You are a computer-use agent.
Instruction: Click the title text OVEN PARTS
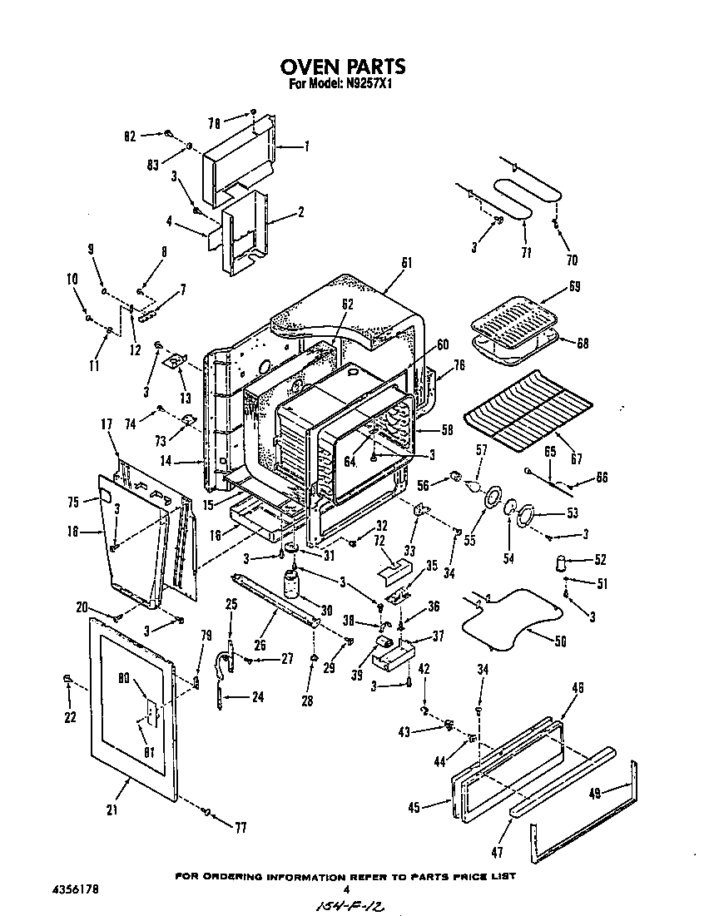(x=342, y=67)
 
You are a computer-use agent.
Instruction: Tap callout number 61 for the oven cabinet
(x=407, y=264)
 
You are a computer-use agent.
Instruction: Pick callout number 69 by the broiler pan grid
(x=574, y=286)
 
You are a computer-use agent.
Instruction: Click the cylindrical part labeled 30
(x=293, y=584)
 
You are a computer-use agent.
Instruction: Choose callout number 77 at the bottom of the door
(x=240, y=827)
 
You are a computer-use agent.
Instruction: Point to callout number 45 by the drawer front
(x=419, y=805)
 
